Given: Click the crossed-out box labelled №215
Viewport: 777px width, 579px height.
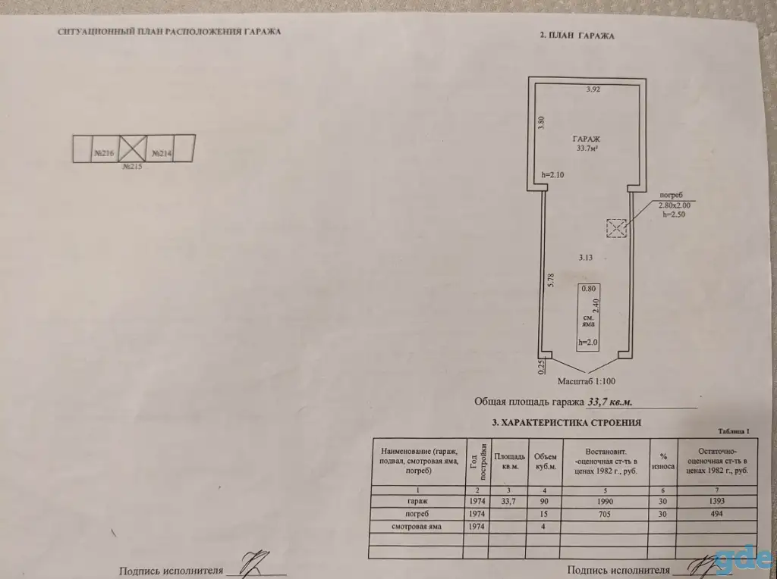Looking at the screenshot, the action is click(133, 148).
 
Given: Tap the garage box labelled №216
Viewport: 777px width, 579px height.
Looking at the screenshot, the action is click(105, 149).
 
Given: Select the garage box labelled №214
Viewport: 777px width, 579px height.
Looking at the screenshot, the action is click(160, 148).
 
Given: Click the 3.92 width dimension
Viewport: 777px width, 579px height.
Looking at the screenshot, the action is click(593, 89).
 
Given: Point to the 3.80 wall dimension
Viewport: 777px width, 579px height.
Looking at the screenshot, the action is click(542, 122).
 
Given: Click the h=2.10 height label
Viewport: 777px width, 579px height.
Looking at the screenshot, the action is click(552, 175).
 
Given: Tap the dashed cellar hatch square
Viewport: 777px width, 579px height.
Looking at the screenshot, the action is click(616, 228).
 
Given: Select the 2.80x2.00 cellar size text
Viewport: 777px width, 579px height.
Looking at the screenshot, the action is click(674, 205).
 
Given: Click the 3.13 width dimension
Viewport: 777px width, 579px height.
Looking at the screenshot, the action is click(585, 258).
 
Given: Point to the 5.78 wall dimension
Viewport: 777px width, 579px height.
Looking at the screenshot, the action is click(551, 280).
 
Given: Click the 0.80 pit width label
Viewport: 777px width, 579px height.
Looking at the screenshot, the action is click(588, 289).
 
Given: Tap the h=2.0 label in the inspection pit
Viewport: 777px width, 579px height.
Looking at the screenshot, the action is click(588, 342).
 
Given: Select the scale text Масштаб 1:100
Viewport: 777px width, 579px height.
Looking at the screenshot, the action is click(587, 381).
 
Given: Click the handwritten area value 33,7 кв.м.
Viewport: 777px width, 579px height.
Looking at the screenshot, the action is click(609, 402).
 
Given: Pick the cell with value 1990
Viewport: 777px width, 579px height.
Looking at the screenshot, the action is click(605, 501).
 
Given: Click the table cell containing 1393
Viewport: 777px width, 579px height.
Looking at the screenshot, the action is click(716, 501).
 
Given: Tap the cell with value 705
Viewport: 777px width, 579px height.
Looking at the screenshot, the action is click(605, 514).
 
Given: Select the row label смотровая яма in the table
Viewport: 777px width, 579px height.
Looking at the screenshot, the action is click(417, 527).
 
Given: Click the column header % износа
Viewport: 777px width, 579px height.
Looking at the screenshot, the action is click(663, 462).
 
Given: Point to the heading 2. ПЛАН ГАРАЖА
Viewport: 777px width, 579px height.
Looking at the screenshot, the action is click(577, 36).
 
